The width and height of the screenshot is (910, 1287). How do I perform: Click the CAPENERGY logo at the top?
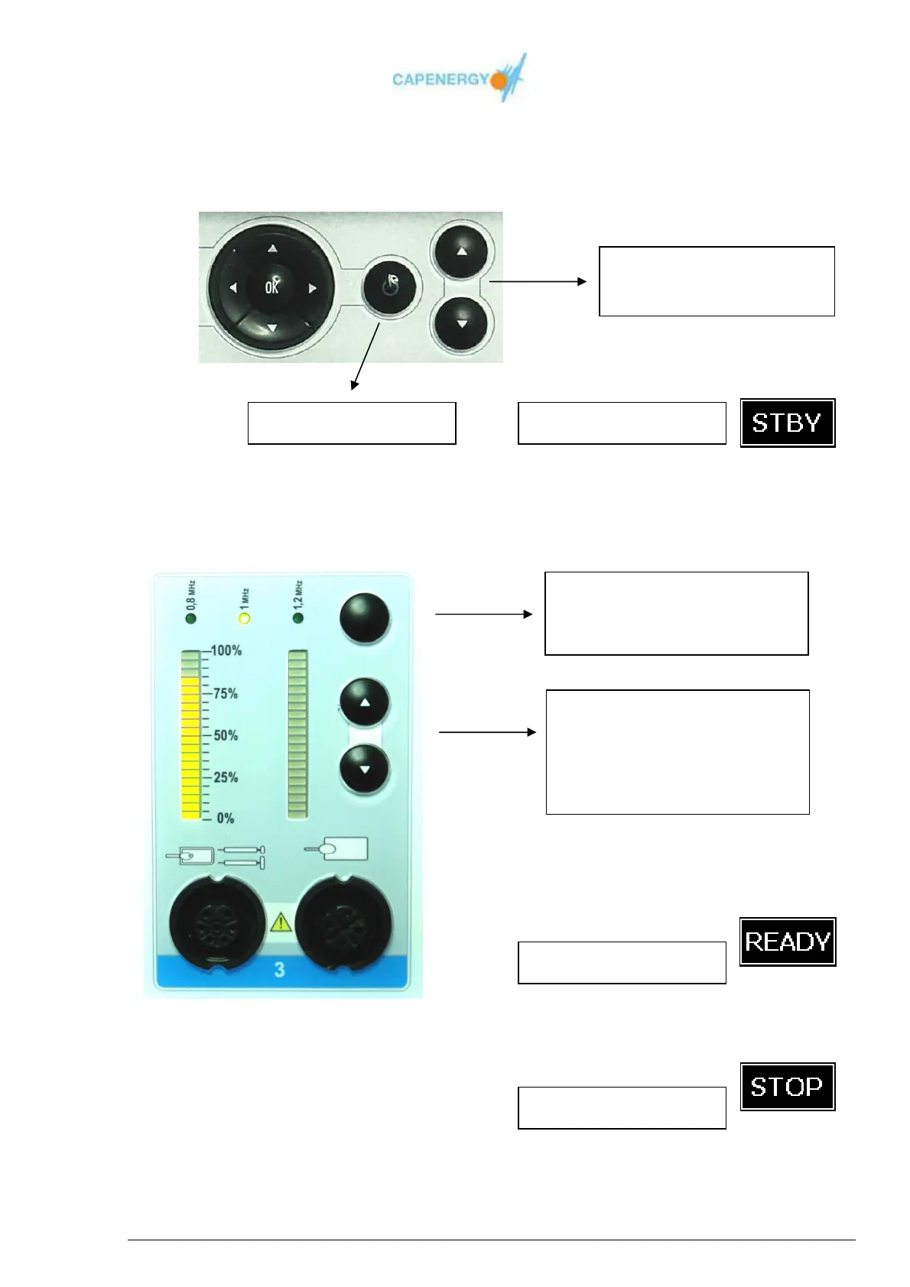click(459, 79)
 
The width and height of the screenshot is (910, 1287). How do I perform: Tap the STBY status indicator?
click(787, 423)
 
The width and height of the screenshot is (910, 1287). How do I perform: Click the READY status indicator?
click(787, 942)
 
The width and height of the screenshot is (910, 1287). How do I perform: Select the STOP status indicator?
click(787, 1086)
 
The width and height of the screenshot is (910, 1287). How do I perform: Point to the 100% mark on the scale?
click(226, 650)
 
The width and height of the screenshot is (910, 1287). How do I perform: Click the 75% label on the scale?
click(226, 693)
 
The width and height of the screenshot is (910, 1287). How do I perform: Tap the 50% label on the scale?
click(226, 735)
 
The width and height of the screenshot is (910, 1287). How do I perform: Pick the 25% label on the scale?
click(226, 777)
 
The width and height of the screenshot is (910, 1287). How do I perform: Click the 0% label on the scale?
click(226, 818)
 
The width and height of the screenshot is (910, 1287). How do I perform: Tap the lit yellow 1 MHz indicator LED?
click(245, 618)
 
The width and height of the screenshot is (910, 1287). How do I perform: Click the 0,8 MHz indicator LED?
click(191, 618)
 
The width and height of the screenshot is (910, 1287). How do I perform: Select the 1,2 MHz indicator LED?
click(298, 618)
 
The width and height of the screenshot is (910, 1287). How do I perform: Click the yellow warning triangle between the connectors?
click(281, 923)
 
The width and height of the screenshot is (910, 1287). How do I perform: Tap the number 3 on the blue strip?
click(279, 969)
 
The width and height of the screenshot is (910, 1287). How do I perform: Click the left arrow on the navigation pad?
click(233, 288)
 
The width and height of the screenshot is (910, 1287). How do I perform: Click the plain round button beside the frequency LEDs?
click(365, 618)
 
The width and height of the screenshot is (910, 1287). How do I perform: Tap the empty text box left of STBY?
click(622, 423)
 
